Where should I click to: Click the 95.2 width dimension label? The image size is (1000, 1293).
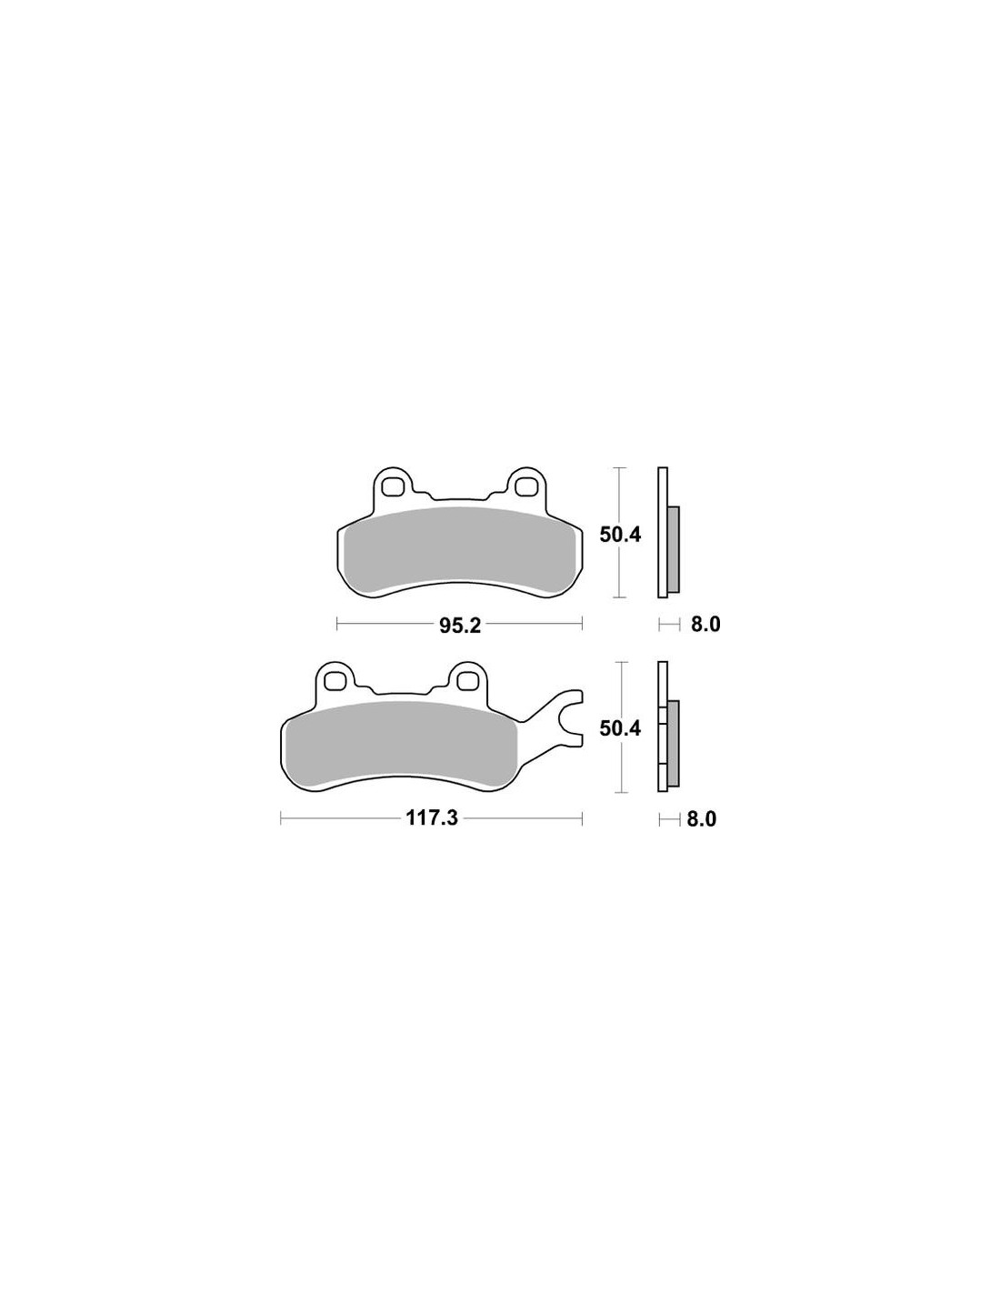[460, 626]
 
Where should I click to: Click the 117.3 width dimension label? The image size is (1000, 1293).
[432, 818]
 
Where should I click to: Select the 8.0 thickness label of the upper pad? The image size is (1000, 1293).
[705, 625]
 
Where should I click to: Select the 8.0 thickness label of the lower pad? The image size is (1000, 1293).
[702, 818]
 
